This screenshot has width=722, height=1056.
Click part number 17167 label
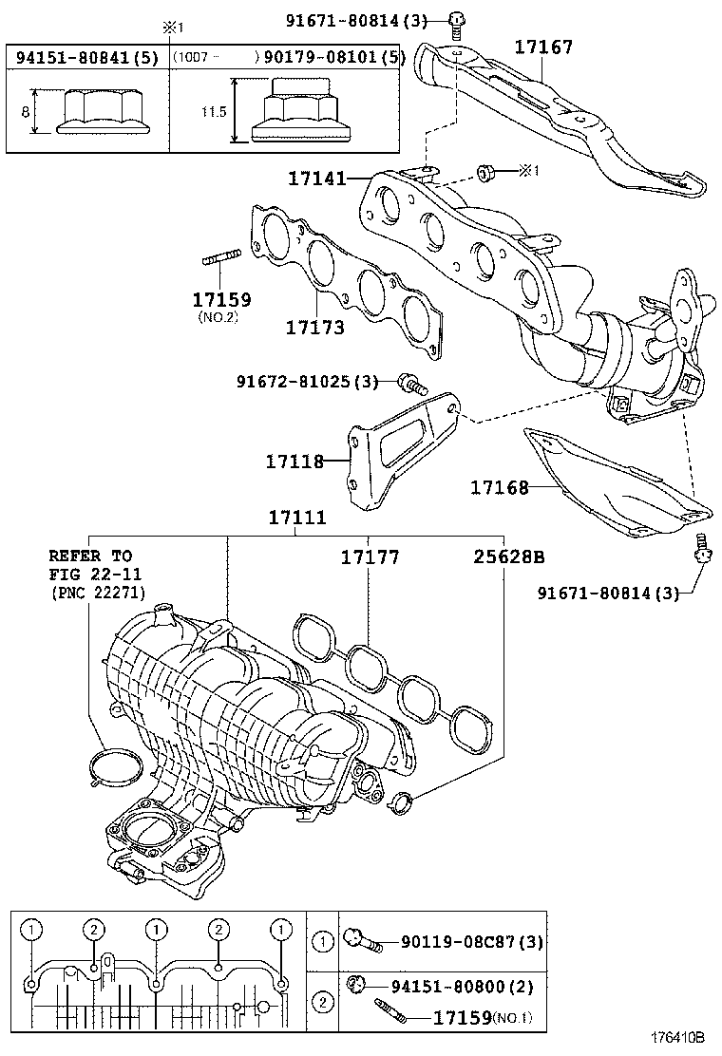544,46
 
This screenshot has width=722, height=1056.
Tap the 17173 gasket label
314,328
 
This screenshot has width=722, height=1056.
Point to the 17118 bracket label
294,462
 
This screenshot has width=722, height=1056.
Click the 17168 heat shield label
500,488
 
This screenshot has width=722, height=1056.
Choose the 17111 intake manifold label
296,518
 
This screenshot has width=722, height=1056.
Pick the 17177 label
370,557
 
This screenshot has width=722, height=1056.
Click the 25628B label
508,557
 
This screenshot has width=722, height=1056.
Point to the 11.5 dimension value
214,112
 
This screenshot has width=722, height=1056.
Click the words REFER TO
90,556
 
